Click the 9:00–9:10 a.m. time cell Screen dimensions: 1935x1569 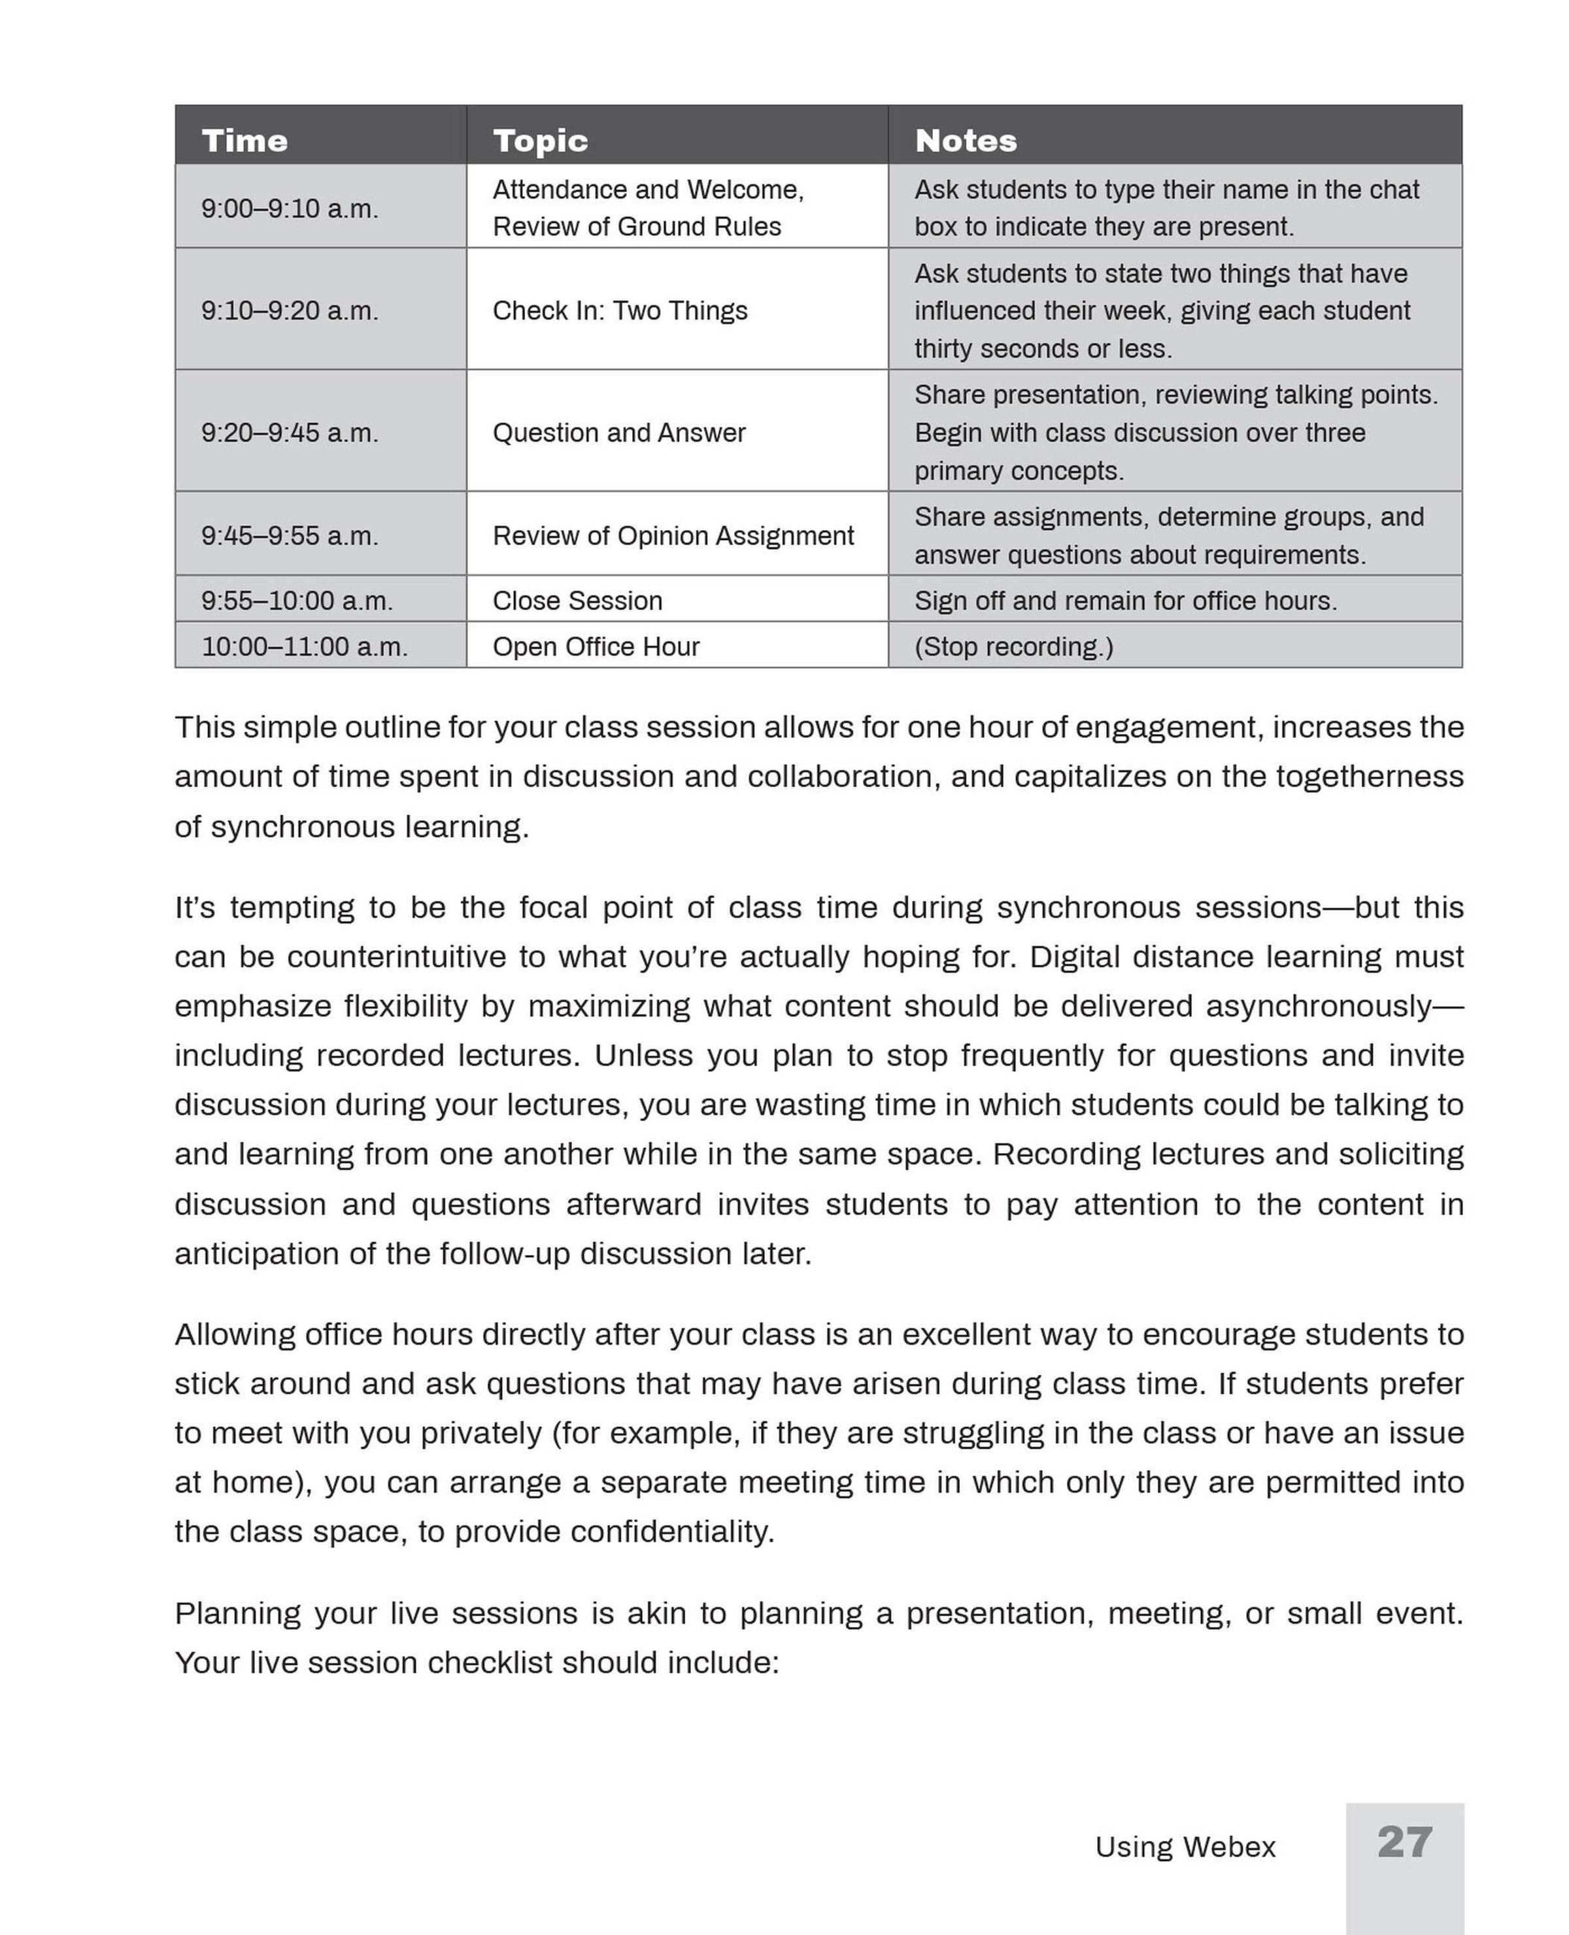pos(289,208)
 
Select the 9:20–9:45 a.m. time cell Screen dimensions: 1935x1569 pos(289,432)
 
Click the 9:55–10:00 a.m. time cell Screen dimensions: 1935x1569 pos(296,600)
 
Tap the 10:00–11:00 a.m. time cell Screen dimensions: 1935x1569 pos(304,647)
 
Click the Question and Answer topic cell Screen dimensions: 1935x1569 pos(618,432)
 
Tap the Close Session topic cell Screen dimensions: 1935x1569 pos(577,600)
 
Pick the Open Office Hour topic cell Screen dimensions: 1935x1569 pos(596,647)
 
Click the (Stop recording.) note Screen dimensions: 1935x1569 pos(1013,647)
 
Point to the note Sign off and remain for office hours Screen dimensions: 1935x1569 pos(1125,600)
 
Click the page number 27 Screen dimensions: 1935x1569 pos(1404,1842)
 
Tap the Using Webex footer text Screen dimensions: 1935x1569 pos(1185,1847)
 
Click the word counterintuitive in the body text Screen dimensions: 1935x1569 pos(396,956)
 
